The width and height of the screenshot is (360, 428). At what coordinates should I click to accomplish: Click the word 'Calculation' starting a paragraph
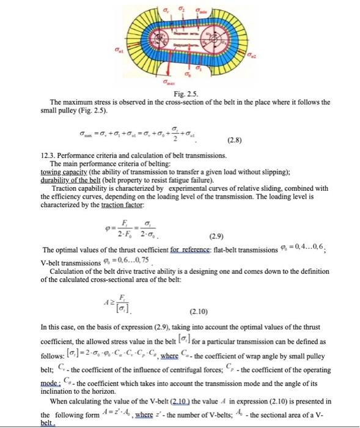tap(68, 271)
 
